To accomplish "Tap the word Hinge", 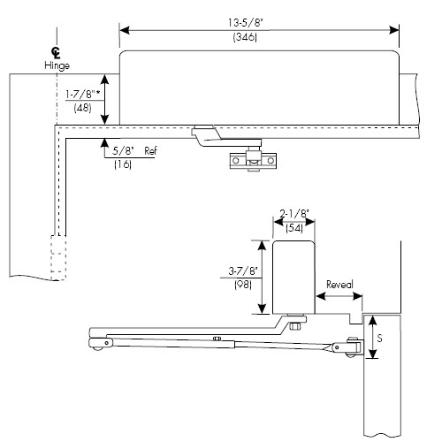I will [x=57, y=66].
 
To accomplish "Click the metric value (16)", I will [x=123, y=165].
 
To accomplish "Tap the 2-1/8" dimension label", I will [x=293, y=214].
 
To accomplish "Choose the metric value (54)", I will [x=293, y=228].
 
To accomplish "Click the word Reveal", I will [x=339, y=285].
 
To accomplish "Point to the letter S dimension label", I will [x=381, y=337].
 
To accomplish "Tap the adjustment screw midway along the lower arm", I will [x=216, y=339].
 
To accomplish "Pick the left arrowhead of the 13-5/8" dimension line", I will [x=125, y=30].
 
